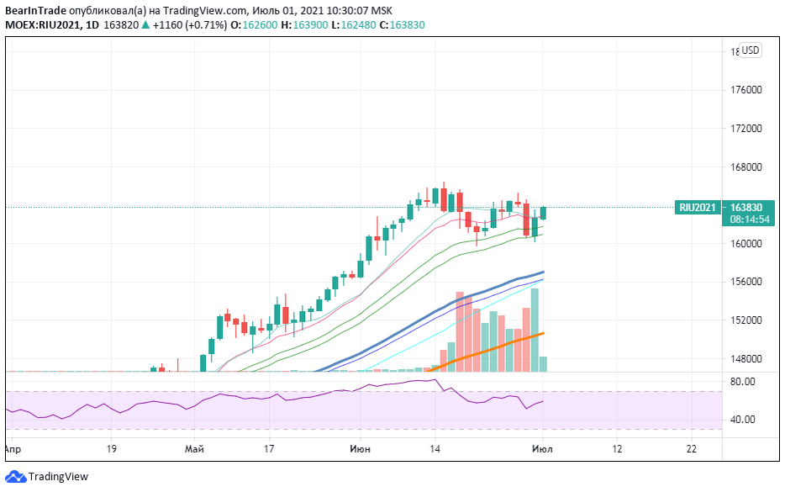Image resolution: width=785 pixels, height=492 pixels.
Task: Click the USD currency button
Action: coord(750,50)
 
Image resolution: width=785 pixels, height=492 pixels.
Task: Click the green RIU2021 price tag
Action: coord(698,207)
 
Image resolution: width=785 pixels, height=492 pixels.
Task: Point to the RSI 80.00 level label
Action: coord(742,381)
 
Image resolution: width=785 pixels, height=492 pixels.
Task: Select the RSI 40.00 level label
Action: coord(742,420)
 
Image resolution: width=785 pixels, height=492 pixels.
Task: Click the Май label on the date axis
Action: coord(194,450)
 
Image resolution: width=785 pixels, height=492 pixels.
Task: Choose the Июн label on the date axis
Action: coord(360,450)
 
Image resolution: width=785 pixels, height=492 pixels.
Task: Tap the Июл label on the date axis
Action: coord(543,450)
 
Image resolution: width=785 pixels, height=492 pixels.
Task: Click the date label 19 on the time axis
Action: coord(111,450)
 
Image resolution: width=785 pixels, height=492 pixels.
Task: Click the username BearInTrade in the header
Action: coord(34,10)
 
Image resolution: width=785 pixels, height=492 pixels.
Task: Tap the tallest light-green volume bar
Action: coord(535,330)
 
